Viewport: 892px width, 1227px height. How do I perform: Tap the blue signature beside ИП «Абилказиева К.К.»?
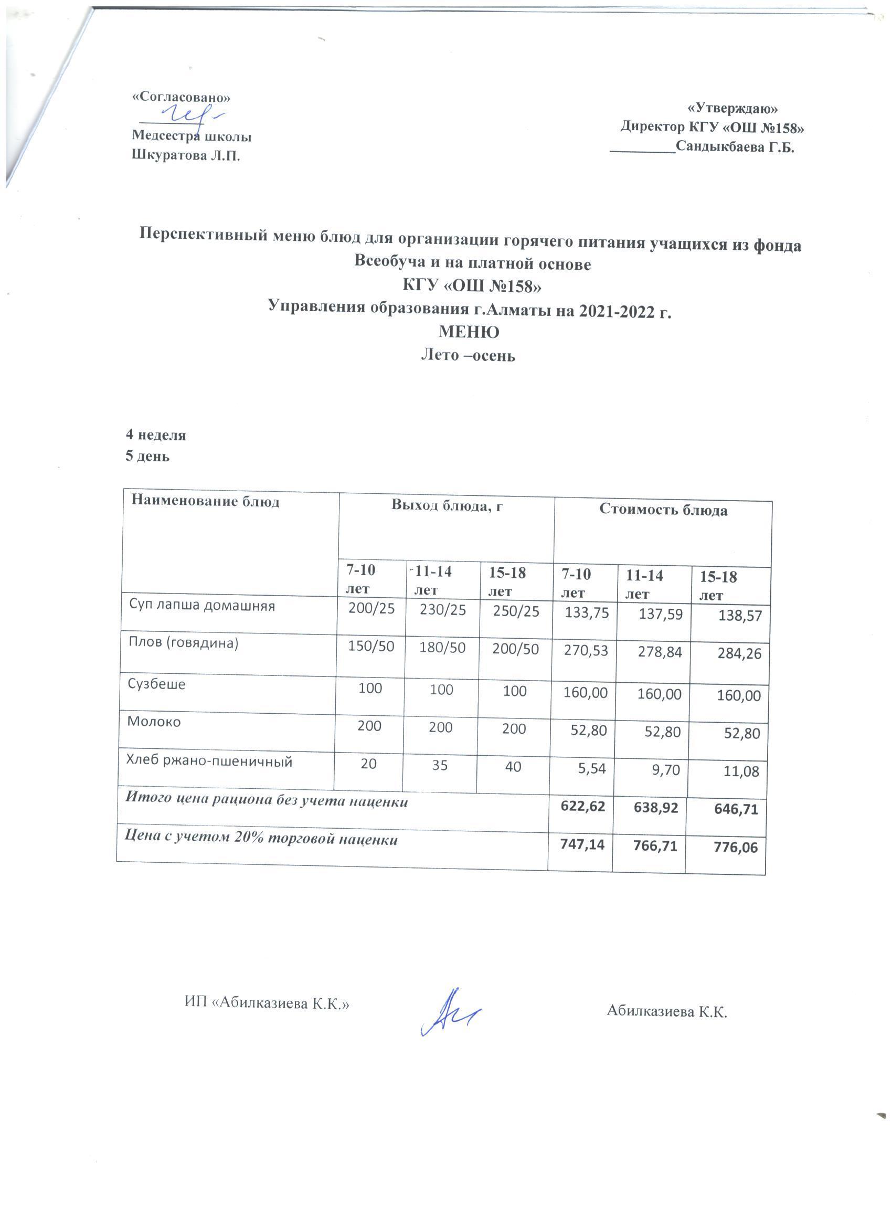(449, 1011)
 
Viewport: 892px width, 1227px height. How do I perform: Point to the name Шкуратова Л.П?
(186, 156)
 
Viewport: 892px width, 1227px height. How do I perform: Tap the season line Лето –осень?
(468, 355)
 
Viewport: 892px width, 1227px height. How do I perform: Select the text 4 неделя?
(156, 435)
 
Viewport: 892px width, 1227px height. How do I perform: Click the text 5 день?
(147, 456)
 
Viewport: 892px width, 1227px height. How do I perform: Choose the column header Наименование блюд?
(205, 502)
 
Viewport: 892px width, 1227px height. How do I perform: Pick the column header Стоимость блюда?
(663, 510)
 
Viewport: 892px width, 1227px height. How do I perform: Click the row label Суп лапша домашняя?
(202, 606)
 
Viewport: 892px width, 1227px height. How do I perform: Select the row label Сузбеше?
(156, 684)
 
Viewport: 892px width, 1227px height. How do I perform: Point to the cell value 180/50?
(442, 648)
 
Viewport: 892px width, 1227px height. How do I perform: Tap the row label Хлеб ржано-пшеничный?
(209, 761)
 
